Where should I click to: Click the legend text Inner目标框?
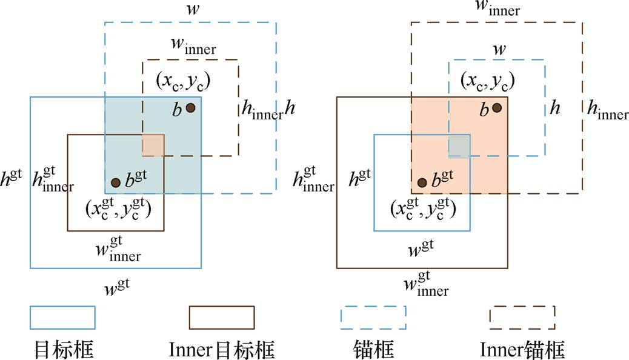(222, 348)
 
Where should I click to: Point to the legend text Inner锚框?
(522, 348)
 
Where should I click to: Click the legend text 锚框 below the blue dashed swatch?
(373, 348)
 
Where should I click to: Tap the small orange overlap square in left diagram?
(153, 145)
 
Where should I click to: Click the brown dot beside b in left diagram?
(190, 108)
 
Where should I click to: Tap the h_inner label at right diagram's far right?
(608, 110)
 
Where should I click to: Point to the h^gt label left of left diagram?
(12, 176)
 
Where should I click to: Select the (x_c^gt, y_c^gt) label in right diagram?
(423, 207)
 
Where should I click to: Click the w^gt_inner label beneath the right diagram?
(425, 285)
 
